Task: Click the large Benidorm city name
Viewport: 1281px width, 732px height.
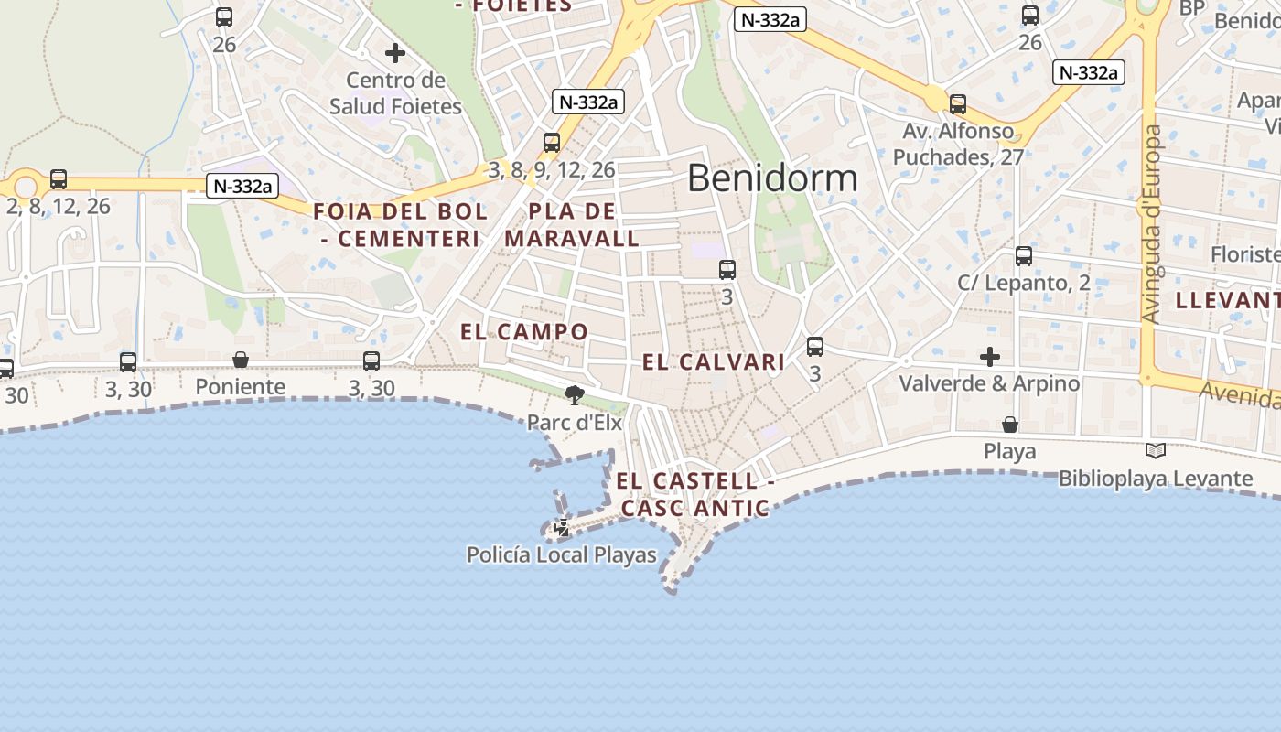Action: (772, 178)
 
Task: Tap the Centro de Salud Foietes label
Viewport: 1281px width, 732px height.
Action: (395, 93)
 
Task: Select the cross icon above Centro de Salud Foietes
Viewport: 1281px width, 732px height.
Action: (395, 53)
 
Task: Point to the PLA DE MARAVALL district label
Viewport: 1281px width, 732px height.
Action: (572, 225)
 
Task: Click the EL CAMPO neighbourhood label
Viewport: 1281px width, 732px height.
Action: (524, 332)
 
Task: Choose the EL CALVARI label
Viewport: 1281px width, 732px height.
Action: (714, 362)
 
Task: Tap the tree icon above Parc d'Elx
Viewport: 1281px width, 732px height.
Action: (575, 395)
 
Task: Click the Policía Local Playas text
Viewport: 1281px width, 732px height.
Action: (562, 554)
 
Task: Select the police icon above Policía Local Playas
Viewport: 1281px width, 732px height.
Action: (562, 528)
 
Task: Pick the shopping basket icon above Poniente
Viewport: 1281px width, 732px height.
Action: (241, 360)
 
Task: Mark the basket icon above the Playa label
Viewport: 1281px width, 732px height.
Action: (1010, 425)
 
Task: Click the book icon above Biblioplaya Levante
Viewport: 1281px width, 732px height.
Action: (1156, 450)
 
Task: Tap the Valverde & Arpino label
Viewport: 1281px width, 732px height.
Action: (989, 383)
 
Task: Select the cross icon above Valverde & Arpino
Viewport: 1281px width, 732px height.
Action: (989, 356)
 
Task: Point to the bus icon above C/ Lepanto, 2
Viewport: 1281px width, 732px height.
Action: (1024, 256)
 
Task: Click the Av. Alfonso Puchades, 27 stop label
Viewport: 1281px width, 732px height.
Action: (958, 144)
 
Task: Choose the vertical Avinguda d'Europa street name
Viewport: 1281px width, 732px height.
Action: (1152, 224)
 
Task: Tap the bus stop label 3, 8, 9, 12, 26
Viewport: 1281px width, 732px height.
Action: (551, 169)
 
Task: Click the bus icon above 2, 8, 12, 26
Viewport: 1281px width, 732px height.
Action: (59, 179)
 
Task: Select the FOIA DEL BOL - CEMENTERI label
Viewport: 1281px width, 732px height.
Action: (401, 225)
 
